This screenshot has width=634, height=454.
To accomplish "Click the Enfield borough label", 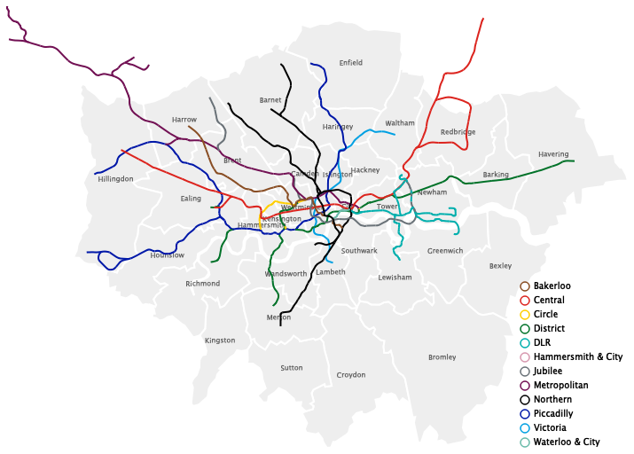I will click(x=351, y=63).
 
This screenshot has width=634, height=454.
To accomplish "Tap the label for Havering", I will click(x=553, y=154).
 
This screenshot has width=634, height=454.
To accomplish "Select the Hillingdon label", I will click(x=115, y=179).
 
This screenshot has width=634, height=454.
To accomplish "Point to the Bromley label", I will click(x=442, y=357).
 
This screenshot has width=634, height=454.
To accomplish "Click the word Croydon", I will click(x=351, y=375).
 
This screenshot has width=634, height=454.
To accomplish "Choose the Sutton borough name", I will click(x=292, y=367).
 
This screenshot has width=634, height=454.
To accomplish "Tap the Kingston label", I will click(x=220, y=340).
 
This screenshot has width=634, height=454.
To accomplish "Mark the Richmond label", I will click(x=202, y=284).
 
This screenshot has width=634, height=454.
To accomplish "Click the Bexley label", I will click(x=500, y=266).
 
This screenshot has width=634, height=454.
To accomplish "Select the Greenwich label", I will click(x=445, y=251).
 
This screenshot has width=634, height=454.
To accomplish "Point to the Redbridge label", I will click(x=458, y=132).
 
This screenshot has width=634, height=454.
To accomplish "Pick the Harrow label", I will click(x=184, y=120).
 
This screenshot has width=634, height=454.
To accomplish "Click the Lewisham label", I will click(x=395, y=278).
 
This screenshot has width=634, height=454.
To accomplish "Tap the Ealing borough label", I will click(x=191, y=199).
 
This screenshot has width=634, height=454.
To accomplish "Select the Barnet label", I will click(x=270, y=100).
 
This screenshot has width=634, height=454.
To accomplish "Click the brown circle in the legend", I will click(x=525, y=286).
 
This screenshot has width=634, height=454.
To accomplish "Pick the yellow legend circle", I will click(x=525, y=315).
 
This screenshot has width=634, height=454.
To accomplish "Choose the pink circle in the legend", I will click(x=525, y=357).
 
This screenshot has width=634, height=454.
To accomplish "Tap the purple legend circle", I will click(x=525, y=386).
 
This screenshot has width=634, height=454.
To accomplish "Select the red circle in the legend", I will click(x=525, y=301).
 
